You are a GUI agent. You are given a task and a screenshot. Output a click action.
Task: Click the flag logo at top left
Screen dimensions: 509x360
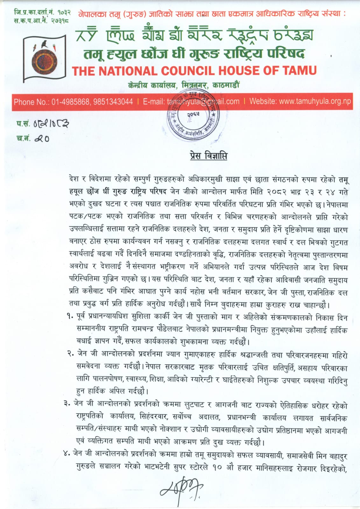[x=45, y=58]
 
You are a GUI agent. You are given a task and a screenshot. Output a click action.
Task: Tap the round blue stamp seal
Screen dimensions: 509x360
[x=193, y=114]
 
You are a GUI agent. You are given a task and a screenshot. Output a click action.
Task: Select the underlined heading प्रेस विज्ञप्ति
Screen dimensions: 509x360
[x=208, y=156]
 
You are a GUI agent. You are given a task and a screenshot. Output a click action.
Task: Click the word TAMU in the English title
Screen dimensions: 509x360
[x=297, y=70]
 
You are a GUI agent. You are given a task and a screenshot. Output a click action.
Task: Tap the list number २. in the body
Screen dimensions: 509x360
[x=70, y=354]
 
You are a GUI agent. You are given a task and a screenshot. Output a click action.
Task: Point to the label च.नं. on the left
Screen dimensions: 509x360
[x=23, y=138]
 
